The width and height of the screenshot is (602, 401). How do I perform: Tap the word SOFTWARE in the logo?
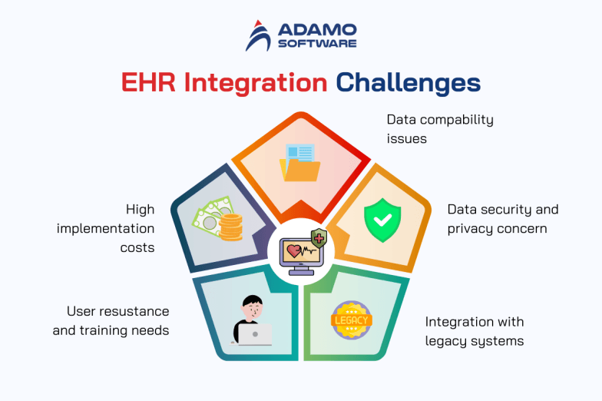pos(317,44)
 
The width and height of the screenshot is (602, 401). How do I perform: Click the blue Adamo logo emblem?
pos(259,36)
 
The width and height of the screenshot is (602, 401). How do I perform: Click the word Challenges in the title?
pos(409,83)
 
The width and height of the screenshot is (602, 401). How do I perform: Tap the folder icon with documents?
pos(300,162)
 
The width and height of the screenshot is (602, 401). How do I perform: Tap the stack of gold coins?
pos(230,228)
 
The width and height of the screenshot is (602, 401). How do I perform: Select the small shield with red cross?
pos(318,238)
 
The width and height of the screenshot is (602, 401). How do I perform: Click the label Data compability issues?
pos(439,129)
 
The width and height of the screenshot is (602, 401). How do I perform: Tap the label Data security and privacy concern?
pos(502,218)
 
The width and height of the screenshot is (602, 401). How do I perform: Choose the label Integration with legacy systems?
pos(475,331)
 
